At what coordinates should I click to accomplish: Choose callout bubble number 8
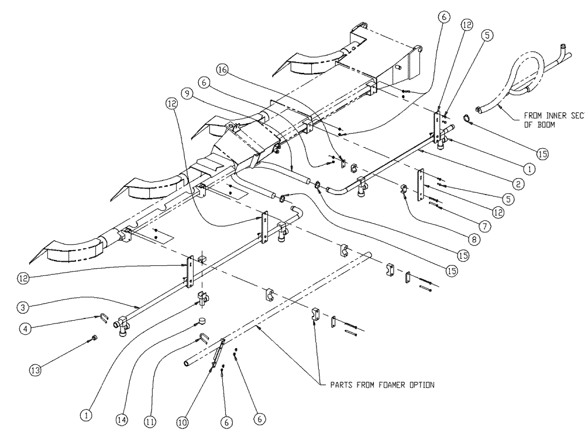pos(474,239)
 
